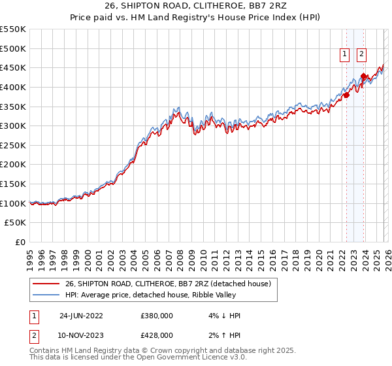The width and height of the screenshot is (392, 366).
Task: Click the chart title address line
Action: pyautogui.click(x=196, y=6)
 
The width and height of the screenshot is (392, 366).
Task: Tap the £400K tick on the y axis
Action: pyautogui.click(x=13, y=87)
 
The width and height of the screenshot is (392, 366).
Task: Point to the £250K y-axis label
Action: pyautogui.click(x=13, y=145)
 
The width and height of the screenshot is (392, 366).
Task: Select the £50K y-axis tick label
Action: pyautogui.click(x=16, y=223)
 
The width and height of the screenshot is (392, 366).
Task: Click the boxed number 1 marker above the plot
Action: pyautogui.click(x=344, y=55)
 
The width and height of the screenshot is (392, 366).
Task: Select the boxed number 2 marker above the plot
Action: pyautogui.click(x=361, y=55)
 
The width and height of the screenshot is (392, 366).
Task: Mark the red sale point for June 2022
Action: pyautogui.click(x=346, y=95)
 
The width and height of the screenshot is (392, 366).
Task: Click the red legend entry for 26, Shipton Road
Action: pyautogui.click(x=172, y=283)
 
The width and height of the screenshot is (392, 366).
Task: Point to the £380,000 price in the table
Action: pyautogui.click(x=157, y=316)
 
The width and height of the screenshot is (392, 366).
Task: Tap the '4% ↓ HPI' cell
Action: pyautogui.click(x=221, y=316)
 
